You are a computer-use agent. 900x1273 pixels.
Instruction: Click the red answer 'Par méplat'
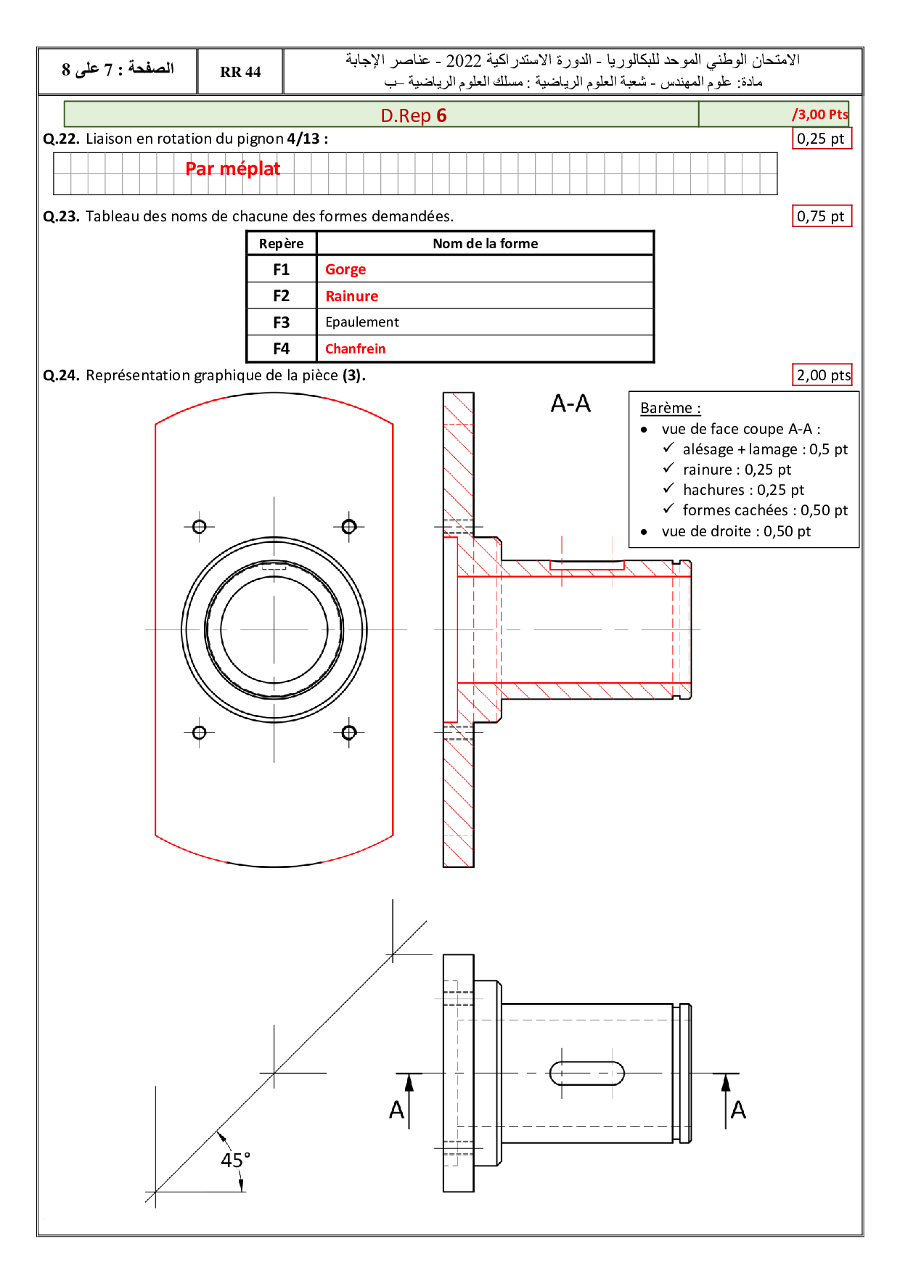(x=232, y=169)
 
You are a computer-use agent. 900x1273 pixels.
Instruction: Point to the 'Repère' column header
(x=282, y=244)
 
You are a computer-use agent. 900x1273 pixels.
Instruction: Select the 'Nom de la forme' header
(x=485, y=244)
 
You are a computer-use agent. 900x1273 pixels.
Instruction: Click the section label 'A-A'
(x=570, y=404)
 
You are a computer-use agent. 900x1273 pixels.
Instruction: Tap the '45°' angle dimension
(x=235, y=1161)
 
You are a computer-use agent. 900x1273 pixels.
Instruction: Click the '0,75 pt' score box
(x=821, y=216)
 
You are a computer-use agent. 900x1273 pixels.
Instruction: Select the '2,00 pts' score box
(x=823, y=375)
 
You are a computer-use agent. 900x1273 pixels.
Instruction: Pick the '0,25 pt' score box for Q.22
(x=821, y=139)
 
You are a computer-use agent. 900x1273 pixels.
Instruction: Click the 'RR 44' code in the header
(x=240, y=72)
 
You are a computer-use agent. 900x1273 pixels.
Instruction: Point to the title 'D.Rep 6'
(x=414, y=115)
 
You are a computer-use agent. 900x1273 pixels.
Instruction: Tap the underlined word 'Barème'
(x=666, y=408)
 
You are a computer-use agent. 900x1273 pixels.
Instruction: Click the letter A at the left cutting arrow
(x=396, y=1110)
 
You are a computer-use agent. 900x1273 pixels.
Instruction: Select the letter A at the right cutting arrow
(x=738, y=1110)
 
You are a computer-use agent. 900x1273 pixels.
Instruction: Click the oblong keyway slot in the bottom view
(x=587, y=1073)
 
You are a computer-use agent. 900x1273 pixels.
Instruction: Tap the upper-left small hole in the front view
(x=200, y=527)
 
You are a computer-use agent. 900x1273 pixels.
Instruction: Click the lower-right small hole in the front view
(x=349, y=732)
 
